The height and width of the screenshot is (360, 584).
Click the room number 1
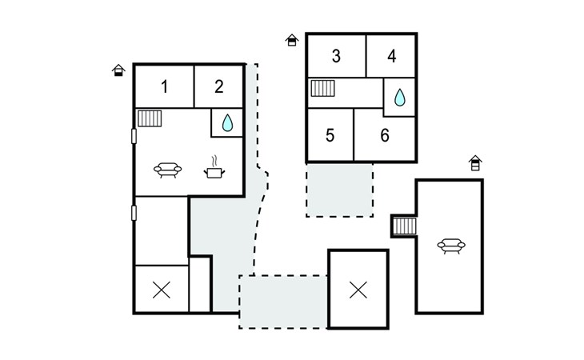(164, 86)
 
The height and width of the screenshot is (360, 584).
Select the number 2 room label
(219, 86)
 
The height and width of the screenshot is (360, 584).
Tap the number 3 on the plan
(336, 56)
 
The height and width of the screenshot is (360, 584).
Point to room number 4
(391, 56)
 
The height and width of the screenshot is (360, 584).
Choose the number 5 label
(330, 135)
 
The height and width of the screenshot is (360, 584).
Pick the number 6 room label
(385, 135)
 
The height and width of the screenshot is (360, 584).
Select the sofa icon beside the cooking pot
(168, 170)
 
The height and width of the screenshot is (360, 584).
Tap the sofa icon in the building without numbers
(451, 246)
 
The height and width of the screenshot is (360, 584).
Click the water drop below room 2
(227, 123)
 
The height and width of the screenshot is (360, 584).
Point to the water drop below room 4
(400, 98)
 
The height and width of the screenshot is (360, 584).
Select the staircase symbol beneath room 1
(150, 118)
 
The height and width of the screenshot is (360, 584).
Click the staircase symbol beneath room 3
(323, 88)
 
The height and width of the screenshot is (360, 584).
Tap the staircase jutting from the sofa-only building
(405, 226)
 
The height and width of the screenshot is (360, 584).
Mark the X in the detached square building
(358, 290)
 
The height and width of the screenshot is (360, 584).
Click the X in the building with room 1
(162, 290)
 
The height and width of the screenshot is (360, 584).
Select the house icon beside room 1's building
(118, 70)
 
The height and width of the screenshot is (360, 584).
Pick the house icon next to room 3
(292, 40)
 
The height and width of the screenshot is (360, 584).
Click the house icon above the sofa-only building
(475, 163)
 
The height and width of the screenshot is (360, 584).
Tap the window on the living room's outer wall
(134, 136)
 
